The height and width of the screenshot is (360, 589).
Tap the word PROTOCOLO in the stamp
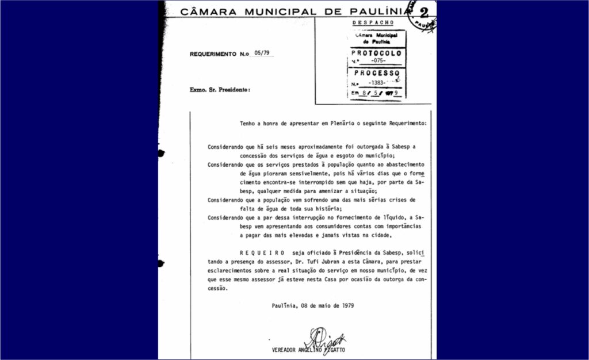tap(375, 51)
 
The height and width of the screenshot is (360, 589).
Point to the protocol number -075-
tap(378, 61)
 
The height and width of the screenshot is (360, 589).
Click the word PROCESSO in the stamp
tap(377, 73)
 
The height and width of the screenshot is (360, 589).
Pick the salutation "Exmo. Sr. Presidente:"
tap(220, 90)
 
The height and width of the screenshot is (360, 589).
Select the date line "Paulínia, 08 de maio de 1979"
tap(313, 305)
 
